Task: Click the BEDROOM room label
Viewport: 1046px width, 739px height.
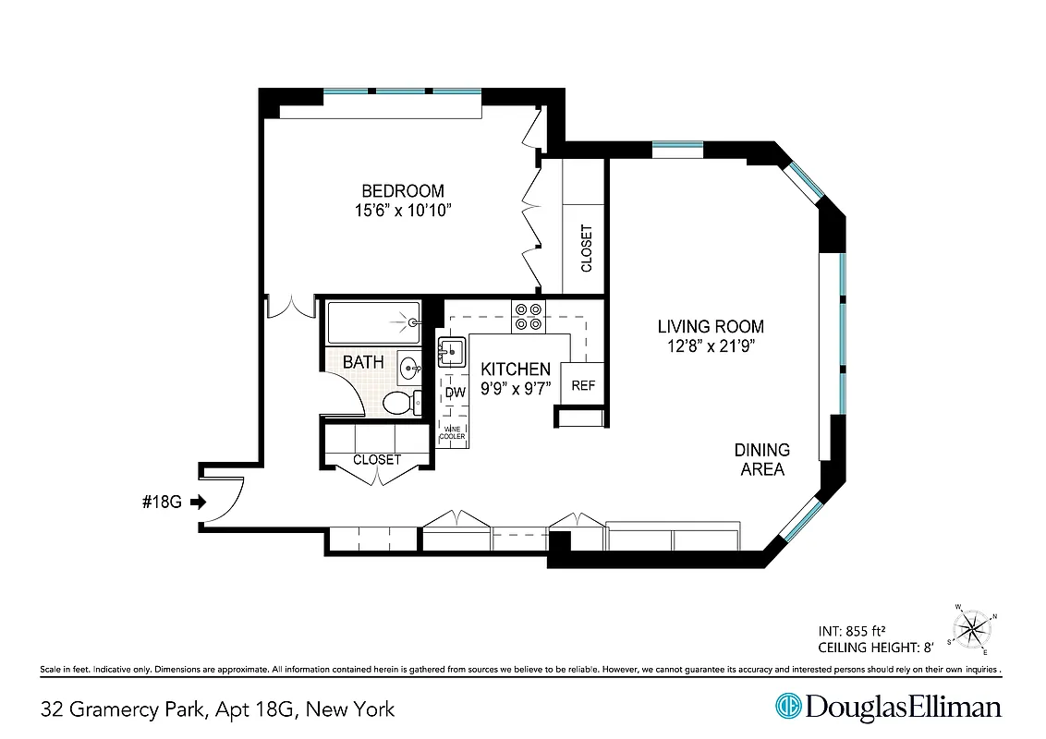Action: coord(402,191)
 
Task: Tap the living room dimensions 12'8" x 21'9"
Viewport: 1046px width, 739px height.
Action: coord(711,345)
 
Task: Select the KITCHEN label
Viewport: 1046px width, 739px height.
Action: coord(515,369)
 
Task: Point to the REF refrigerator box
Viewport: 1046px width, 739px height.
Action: coord(583,385)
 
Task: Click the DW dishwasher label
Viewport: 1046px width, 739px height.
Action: coord(454,393)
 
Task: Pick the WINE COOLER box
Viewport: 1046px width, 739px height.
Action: coord(453,432)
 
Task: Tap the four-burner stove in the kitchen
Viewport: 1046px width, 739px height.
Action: coord(529,317)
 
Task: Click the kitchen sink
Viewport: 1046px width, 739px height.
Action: coord(453,352)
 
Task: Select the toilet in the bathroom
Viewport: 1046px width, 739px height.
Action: coord(399,402)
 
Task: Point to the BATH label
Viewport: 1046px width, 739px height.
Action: coord(363,362)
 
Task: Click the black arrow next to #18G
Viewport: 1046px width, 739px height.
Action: coord(197,503)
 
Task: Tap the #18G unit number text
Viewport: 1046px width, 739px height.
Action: coord(163,503)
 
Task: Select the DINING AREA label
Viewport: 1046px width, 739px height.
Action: coord(762,459)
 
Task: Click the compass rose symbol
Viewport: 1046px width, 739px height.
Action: coord(972,630)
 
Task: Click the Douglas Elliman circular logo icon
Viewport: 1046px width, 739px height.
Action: coord(788,707)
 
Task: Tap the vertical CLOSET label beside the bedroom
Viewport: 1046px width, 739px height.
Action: coord(586,248)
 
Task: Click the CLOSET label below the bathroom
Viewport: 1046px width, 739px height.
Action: coord(377,459)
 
